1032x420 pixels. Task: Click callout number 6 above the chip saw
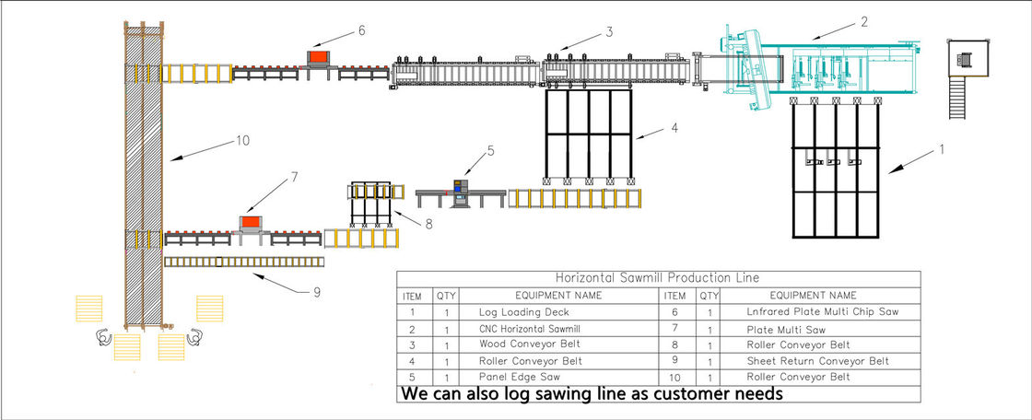click(361, 30)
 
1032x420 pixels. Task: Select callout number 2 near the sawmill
click(862, 21)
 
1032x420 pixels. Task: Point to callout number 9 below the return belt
click(316, 292)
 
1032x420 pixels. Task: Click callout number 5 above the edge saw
click(491, 149)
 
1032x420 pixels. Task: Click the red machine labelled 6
click(319, 57)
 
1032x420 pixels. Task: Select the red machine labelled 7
click(250, 223)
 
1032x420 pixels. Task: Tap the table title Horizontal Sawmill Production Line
click(658, 278)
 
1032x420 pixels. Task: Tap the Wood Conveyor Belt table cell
click(522, 344)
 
